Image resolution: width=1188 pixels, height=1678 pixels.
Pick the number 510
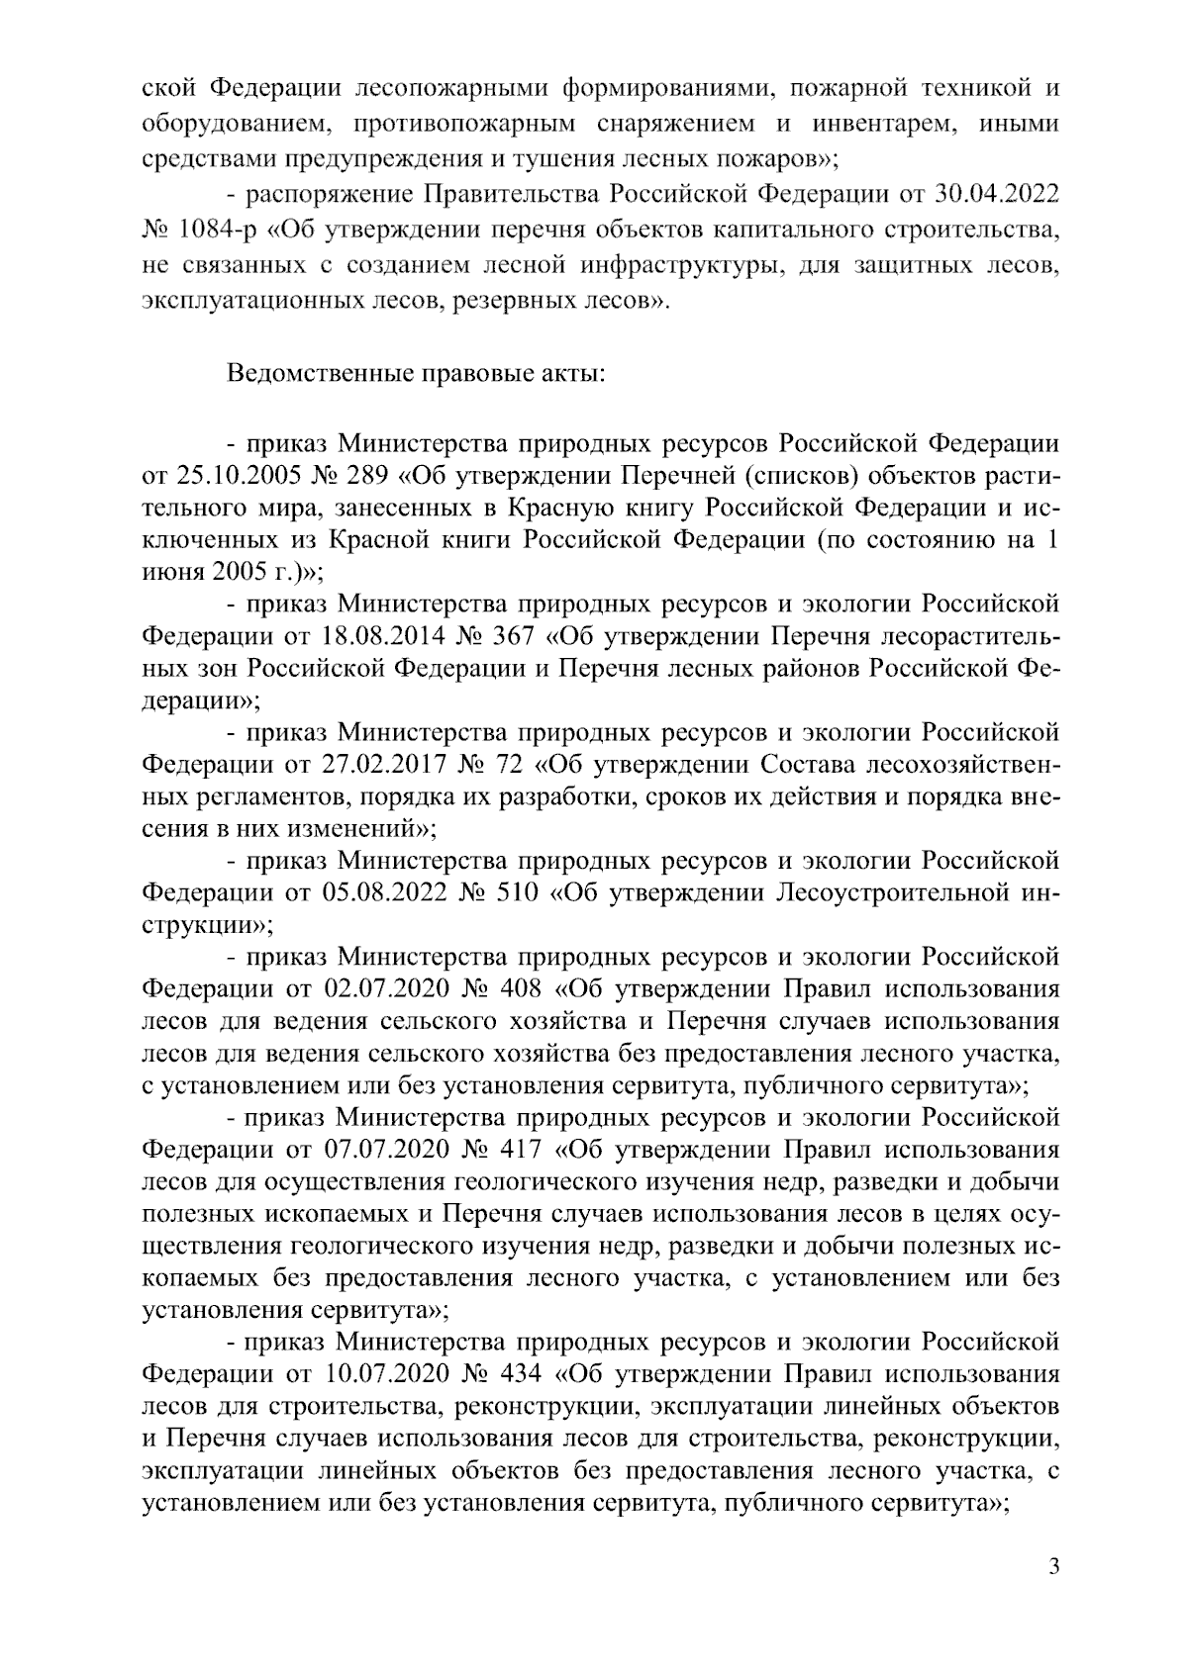(x=516, y=892)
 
